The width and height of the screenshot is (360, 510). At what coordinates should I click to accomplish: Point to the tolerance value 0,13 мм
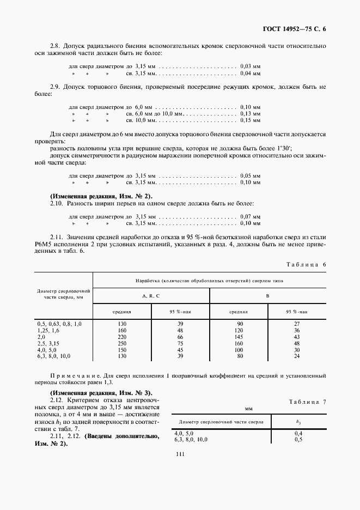pyautogui.click(x=250, y=113)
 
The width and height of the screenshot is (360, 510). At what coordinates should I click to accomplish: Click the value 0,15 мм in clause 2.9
pyautogui.click(x=250, y=120)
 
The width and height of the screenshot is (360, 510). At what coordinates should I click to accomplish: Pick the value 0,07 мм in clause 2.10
pyautogui.click(x=250, y=216)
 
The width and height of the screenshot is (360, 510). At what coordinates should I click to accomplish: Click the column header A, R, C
pyautogui.click(x=151, y=295)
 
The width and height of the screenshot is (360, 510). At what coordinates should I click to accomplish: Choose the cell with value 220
pyautogui.click(x=121, y=337)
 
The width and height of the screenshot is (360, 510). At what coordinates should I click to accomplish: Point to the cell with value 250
pyautogui.click(x=121, y=344)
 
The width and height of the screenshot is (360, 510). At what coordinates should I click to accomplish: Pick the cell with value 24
pyautogui.click(x=297, y=356)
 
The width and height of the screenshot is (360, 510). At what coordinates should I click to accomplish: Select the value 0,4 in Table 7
pyautogui.click(x=298, y=433)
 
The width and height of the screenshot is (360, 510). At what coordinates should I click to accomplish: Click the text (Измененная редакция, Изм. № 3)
pyautogui.click(x=101, y=392)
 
